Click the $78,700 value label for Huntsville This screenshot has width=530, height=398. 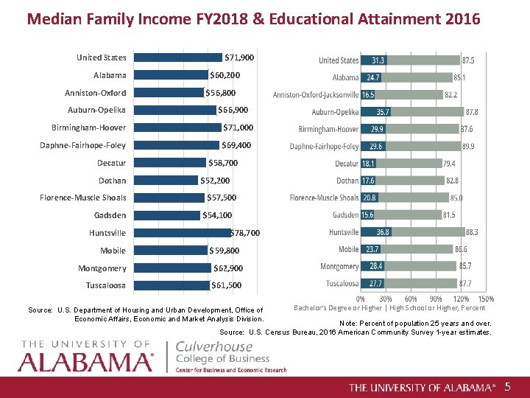[245, 233]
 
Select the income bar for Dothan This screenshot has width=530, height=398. [167, 181]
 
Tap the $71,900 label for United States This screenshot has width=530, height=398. [239, 57]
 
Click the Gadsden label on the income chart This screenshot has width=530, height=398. [110, 215]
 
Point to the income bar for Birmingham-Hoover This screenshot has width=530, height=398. [178, 128]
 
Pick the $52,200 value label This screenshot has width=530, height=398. [215, 181]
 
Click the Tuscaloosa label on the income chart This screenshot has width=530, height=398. [106, 285]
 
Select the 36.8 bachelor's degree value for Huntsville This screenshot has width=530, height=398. [383, 232]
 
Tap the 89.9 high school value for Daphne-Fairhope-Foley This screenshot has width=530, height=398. [468, 147]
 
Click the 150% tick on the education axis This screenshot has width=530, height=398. [486, 299]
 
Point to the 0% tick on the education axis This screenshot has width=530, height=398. [361, 299]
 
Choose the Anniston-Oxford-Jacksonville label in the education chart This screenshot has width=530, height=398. [316, 95]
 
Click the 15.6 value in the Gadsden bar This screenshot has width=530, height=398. [367, 215]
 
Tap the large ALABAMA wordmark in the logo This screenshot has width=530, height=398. [85, 361]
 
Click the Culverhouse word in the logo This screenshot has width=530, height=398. [213, 346]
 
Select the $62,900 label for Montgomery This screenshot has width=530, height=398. [228, 268]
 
